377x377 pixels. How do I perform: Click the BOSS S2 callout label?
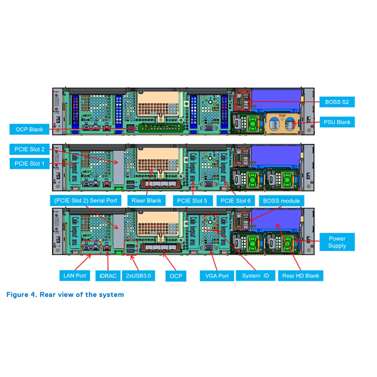pos(337,102)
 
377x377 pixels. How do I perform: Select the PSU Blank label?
pos(337,122)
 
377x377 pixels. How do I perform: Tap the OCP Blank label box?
pos(29,129)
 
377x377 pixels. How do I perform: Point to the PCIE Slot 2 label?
pos(30,149)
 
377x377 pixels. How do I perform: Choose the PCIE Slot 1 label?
pos(30,164)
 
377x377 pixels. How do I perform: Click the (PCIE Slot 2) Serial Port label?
pos(85,200)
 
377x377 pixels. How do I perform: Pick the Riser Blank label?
pos(146,200)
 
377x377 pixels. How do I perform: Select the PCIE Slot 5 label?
pos(192,201)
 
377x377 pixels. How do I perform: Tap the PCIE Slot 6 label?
pos(236,201)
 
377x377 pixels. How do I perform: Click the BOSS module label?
pos(281,201)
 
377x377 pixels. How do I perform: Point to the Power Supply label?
pos(337,242)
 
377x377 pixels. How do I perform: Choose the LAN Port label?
pos(74,276)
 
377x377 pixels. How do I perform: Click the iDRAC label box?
pos(108,276)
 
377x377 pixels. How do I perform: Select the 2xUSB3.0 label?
pos(138,276)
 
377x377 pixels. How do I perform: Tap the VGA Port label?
pos(217,276)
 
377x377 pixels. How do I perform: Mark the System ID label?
pos(255,276)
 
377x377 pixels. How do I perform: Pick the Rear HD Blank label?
pos(300,276)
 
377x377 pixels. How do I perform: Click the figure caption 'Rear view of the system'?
pos(65,295)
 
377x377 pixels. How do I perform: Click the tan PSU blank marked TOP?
pos(282,123)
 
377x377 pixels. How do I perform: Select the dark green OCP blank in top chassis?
pos(160,128)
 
